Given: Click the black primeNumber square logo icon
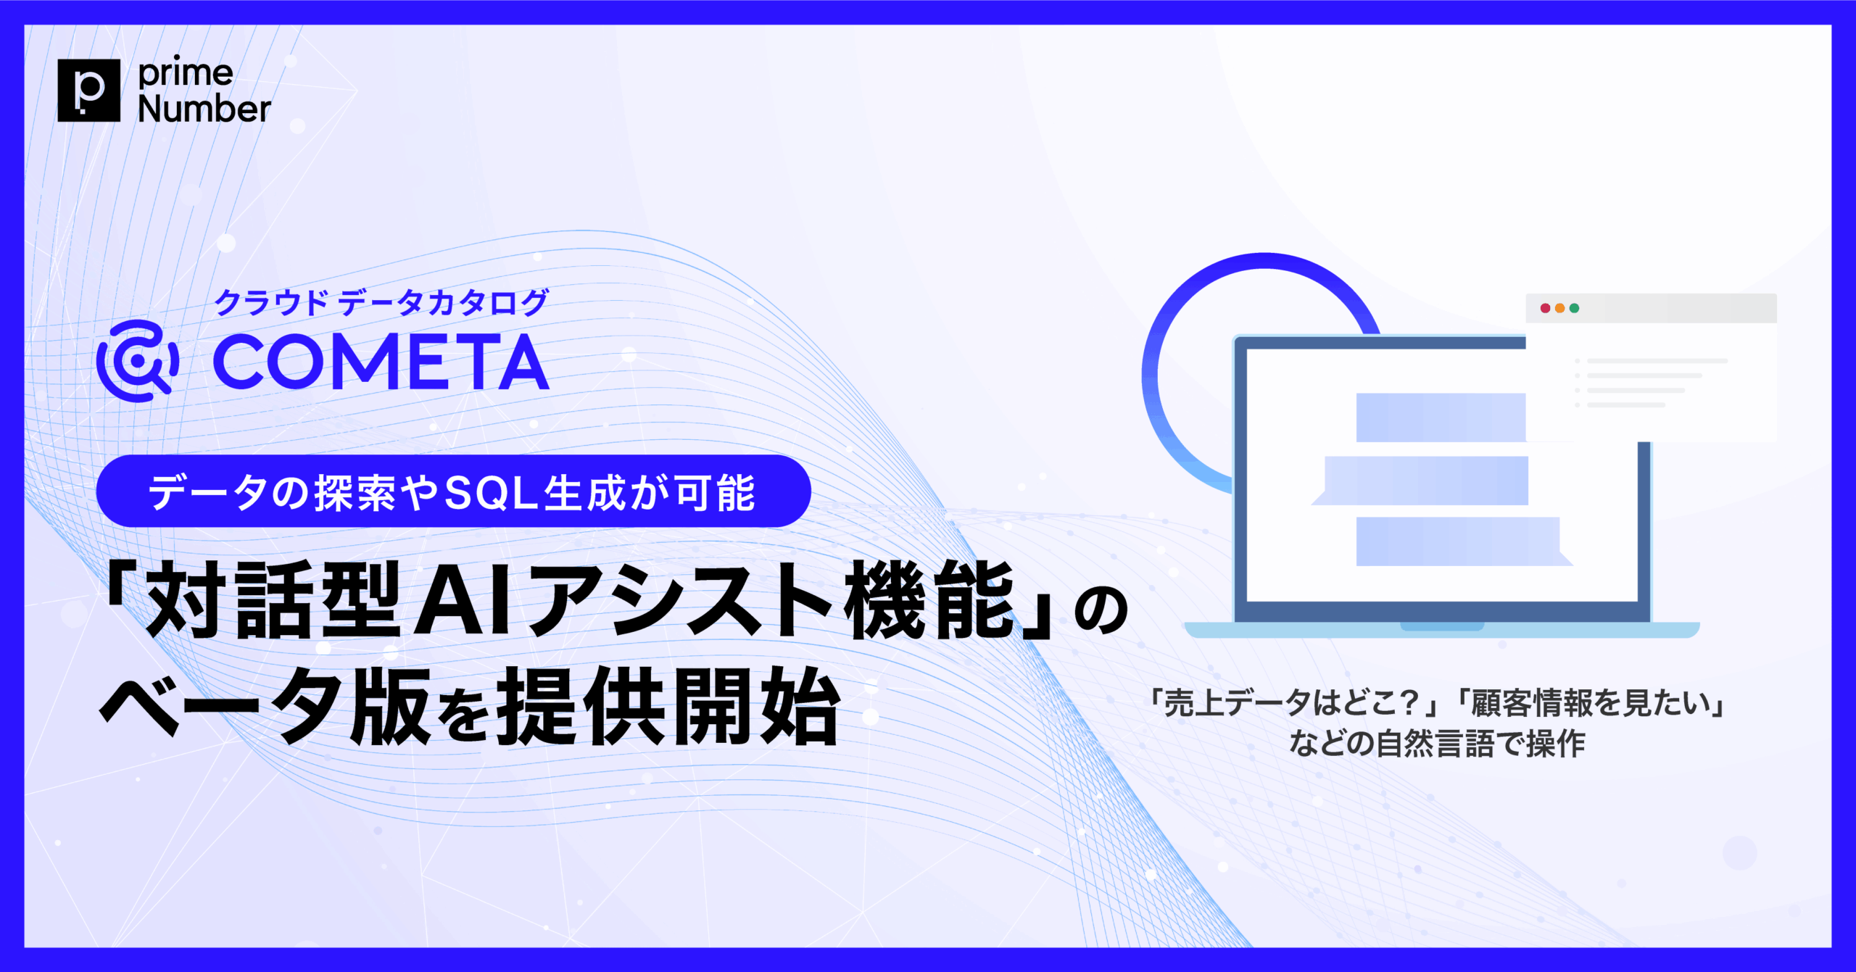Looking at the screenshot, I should (88, 90).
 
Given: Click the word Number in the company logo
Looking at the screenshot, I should (204, 109).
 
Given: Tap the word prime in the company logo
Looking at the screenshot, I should (186, 72).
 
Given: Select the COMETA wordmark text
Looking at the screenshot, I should (381, 362).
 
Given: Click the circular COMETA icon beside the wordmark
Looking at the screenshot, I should (137, 360).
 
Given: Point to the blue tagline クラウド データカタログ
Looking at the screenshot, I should (381, 302).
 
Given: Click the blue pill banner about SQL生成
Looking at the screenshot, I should (453, 491).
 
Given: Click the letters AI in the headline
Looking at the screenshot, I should (463, 601).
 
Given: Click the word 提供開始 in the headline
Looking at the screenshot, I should (667, 706).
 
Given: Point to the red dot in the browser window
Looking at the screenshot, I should (1545, 308).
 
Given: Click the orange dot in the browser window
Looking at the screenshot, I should (1559, 308).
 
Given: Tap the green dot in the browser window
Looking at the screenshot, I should (1574, 308).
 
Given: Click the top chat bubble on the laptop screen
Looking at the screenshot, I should (1441, 418).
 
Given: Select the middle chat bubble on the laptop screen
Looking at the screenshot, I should (1425, 481).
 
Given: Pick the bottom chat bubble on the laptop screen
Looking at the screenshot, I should (1458, 541).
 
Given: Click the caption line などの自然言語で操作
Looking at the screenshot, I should (1437, 744).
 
